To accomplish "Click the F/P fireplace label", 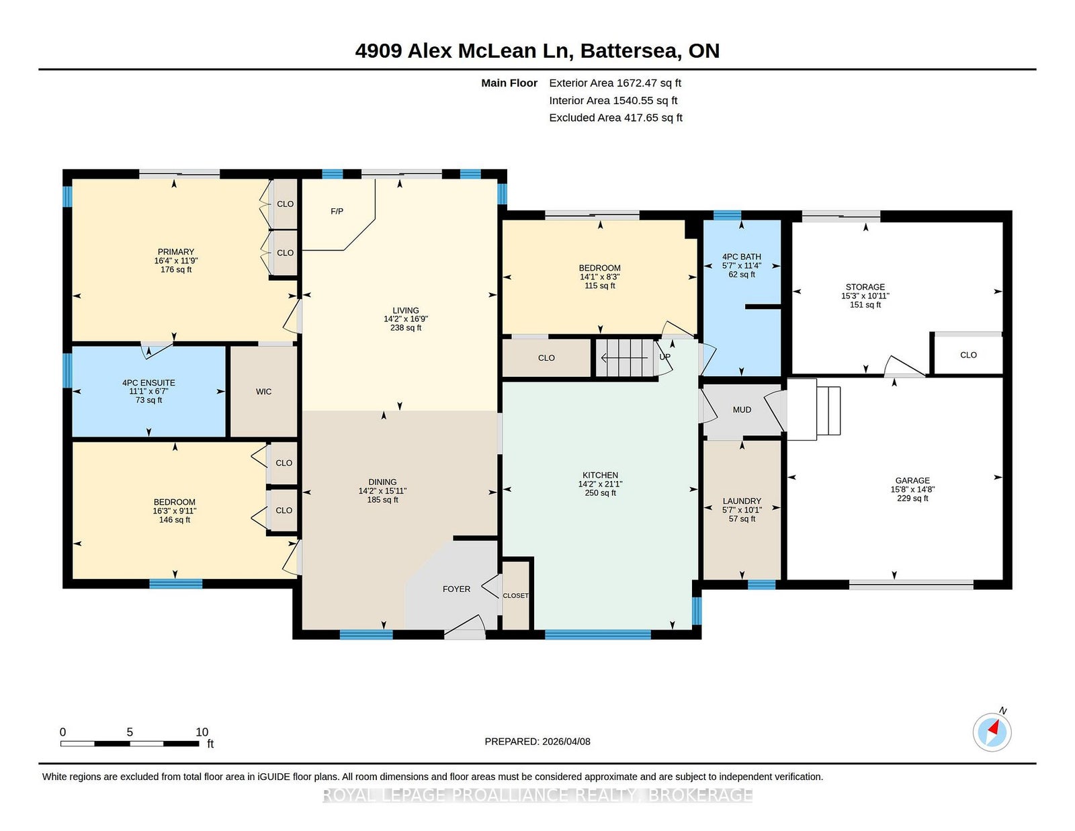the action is point(337,211).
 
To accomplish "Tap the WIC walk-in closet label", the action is point(263,392).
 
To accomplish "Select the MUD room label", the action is point(742,410).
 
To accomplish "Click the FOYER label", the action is point(456,588).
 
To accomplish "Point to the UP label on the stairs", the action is point(665,357).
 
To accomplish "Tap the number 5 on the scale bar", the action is point(130,732).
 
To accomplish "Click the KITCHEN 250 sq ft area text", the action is point(600,492).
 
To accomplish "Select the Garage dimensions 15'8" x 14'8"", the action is point(912,489).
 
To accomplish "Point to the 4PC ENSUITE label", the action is point(148,382).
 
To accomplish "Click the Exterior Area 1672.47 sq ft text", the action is point(615,83).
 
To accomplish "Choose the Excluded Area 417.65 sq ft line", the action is point(615,118).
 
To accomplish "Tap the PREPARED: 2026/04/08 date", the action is point(537,742).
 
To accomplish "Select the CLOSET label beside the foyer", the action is point(515,596).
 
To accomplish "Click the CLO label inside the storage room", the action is point(968,355).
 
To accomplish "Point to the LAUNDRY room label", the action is point(742,501).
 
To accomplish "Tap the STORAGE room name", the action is point(865,287).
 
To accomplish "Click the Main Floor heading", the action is point(509,83).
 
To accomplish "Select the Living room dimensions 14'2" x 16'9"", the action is point(406,319).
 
